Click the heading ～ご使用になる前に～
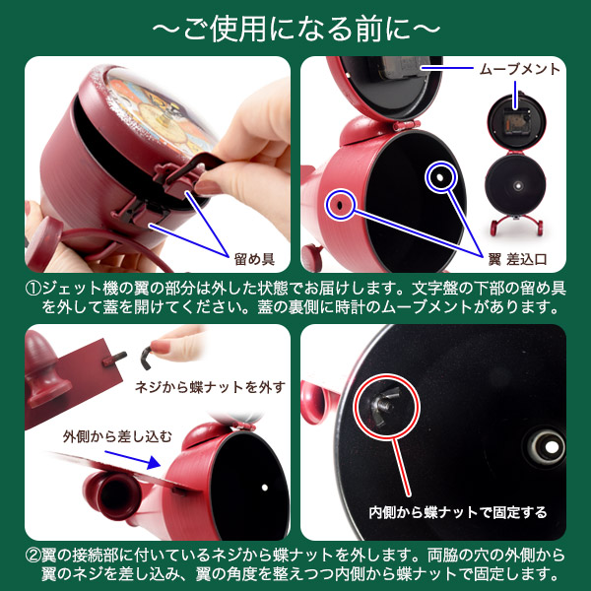point(295,29)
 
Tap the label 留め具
point(254,259)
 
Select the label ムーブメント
point(520,69)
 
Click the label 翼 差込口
point(517,259)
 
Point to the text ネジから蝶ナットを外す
point(211,387)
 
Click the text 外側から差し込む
point(117,436)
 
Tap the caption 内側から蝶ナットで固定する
point(458,512)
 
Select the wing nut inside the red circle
point(384,405)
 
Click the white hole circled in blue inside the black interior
point(440,176)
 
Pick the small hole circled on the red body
point(340,205)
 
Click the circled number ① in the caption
point(33,289)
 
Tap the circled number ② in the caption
point(33,556)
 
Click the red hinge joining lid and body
point(406,125)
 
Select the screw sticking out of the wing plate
point(114,359)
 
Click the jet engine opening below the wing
point(112,494)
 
